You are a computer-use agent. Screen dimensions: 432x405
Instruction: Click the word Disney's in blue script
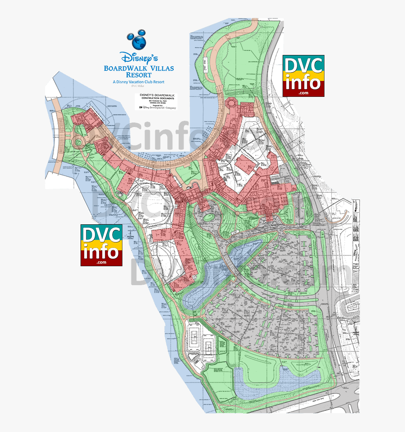[139, 58]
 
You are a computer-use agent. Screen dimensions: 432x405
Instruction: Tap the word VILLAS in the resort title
[159, 68]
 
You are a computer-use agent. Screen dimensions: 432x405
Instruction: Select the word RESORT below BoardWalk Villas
[139, 75]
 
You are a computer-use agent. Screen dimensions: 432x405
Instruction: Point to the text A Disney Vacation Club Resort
[139, 82]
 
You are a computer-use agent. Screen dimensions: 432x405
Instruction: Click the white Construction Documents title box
[156, 102]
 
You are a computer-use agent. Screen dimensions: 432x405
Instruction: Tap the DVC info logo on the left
[101, 245]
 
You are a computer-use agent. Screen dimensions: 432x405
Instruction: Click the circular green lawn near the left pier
[79, 143]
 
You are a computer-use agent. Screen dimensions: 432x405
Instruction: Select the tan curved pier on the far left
[56, 135]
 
